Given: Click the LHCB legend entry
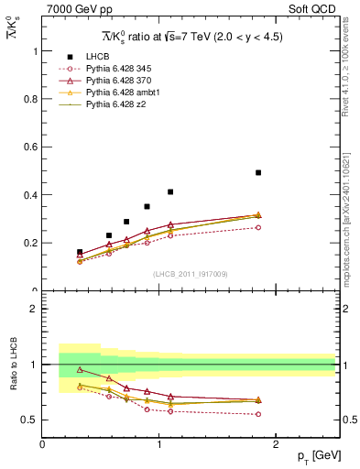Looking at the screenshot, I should [x=95, y=57].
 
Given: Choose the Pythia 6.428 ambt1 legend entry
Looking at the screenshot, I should [x=120, y=93].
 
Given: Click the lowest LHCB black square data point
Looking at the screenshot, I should [x=80, y=252].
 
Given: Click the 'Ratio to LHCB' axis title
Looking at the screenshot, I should [x=11, y=366].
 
